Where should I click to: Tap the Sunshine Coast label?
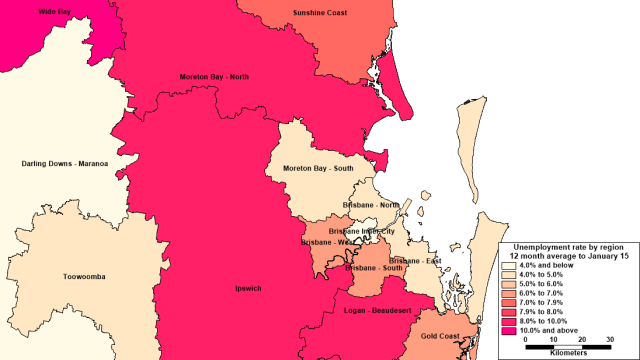(320, 13)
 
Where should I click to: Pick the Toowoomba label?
(84, 276)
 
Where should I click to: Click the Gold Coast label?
(439, 337)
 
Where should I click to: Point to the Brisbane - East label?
(416, 261)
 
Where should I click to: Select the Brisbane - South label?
(374, 269)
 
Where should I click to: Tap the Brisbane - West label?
(325, 242)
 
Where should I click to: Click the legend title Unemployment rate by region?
(568, 245)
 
